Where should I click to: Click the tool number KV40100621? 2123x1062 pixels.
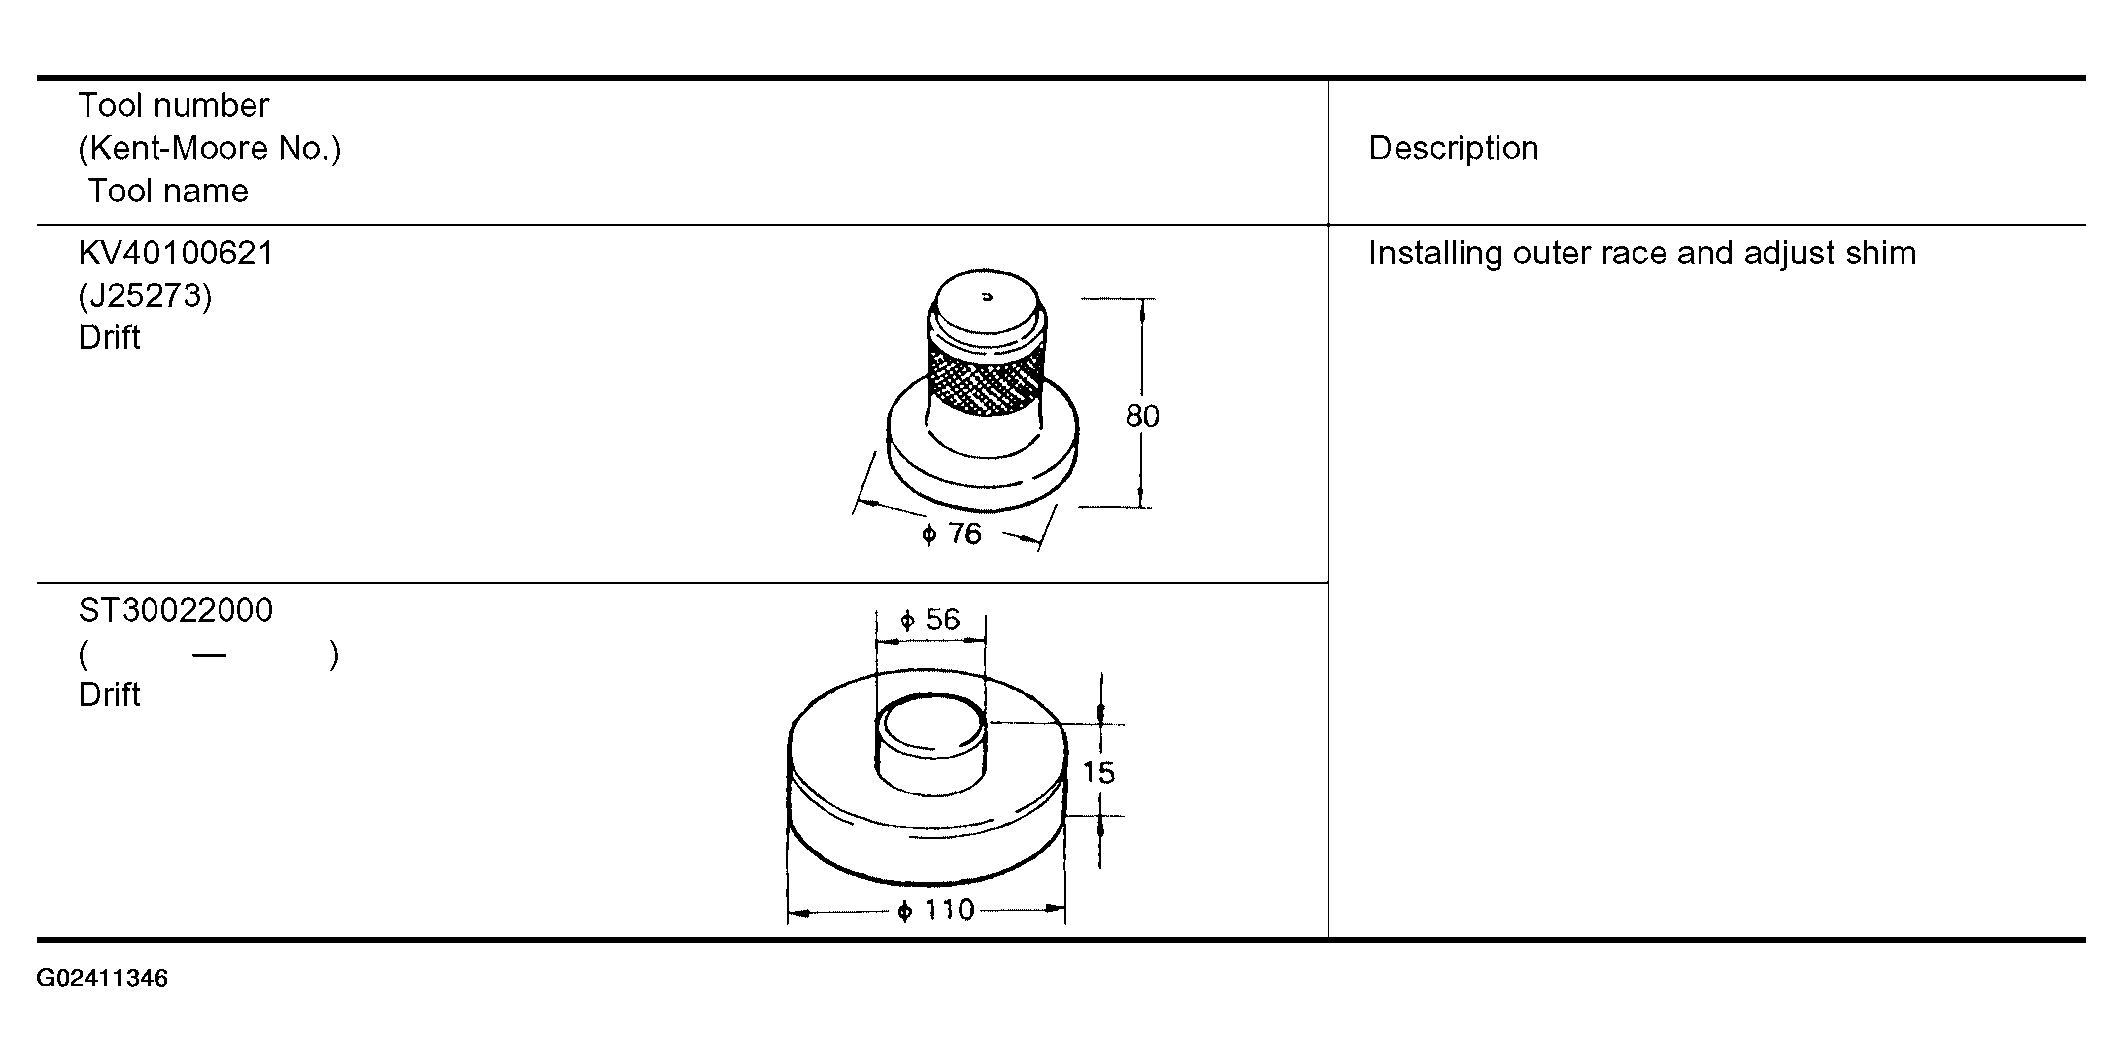[176, 253]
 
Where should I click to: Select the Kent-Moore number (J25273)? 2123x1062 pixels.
[145, 296]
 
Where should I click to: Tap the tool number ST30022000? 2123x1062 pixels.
[176, 610]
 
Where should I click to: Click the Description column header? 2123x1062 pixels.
[1453, 148]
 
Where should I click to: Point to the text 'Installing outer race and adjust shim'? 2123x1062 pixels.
[1642, 253]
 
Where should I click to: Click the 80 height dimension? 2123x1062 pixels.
[1143, 416]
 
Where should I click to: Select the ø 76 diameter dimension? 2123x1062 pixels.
[952, 534]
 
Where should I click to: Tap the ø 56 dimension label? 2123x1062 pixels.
[930, 620]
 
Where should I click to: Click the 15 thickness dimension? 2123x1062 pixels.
[1098, 772]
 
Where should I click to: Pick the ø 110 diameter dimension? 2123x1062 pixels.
[936, 910]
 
